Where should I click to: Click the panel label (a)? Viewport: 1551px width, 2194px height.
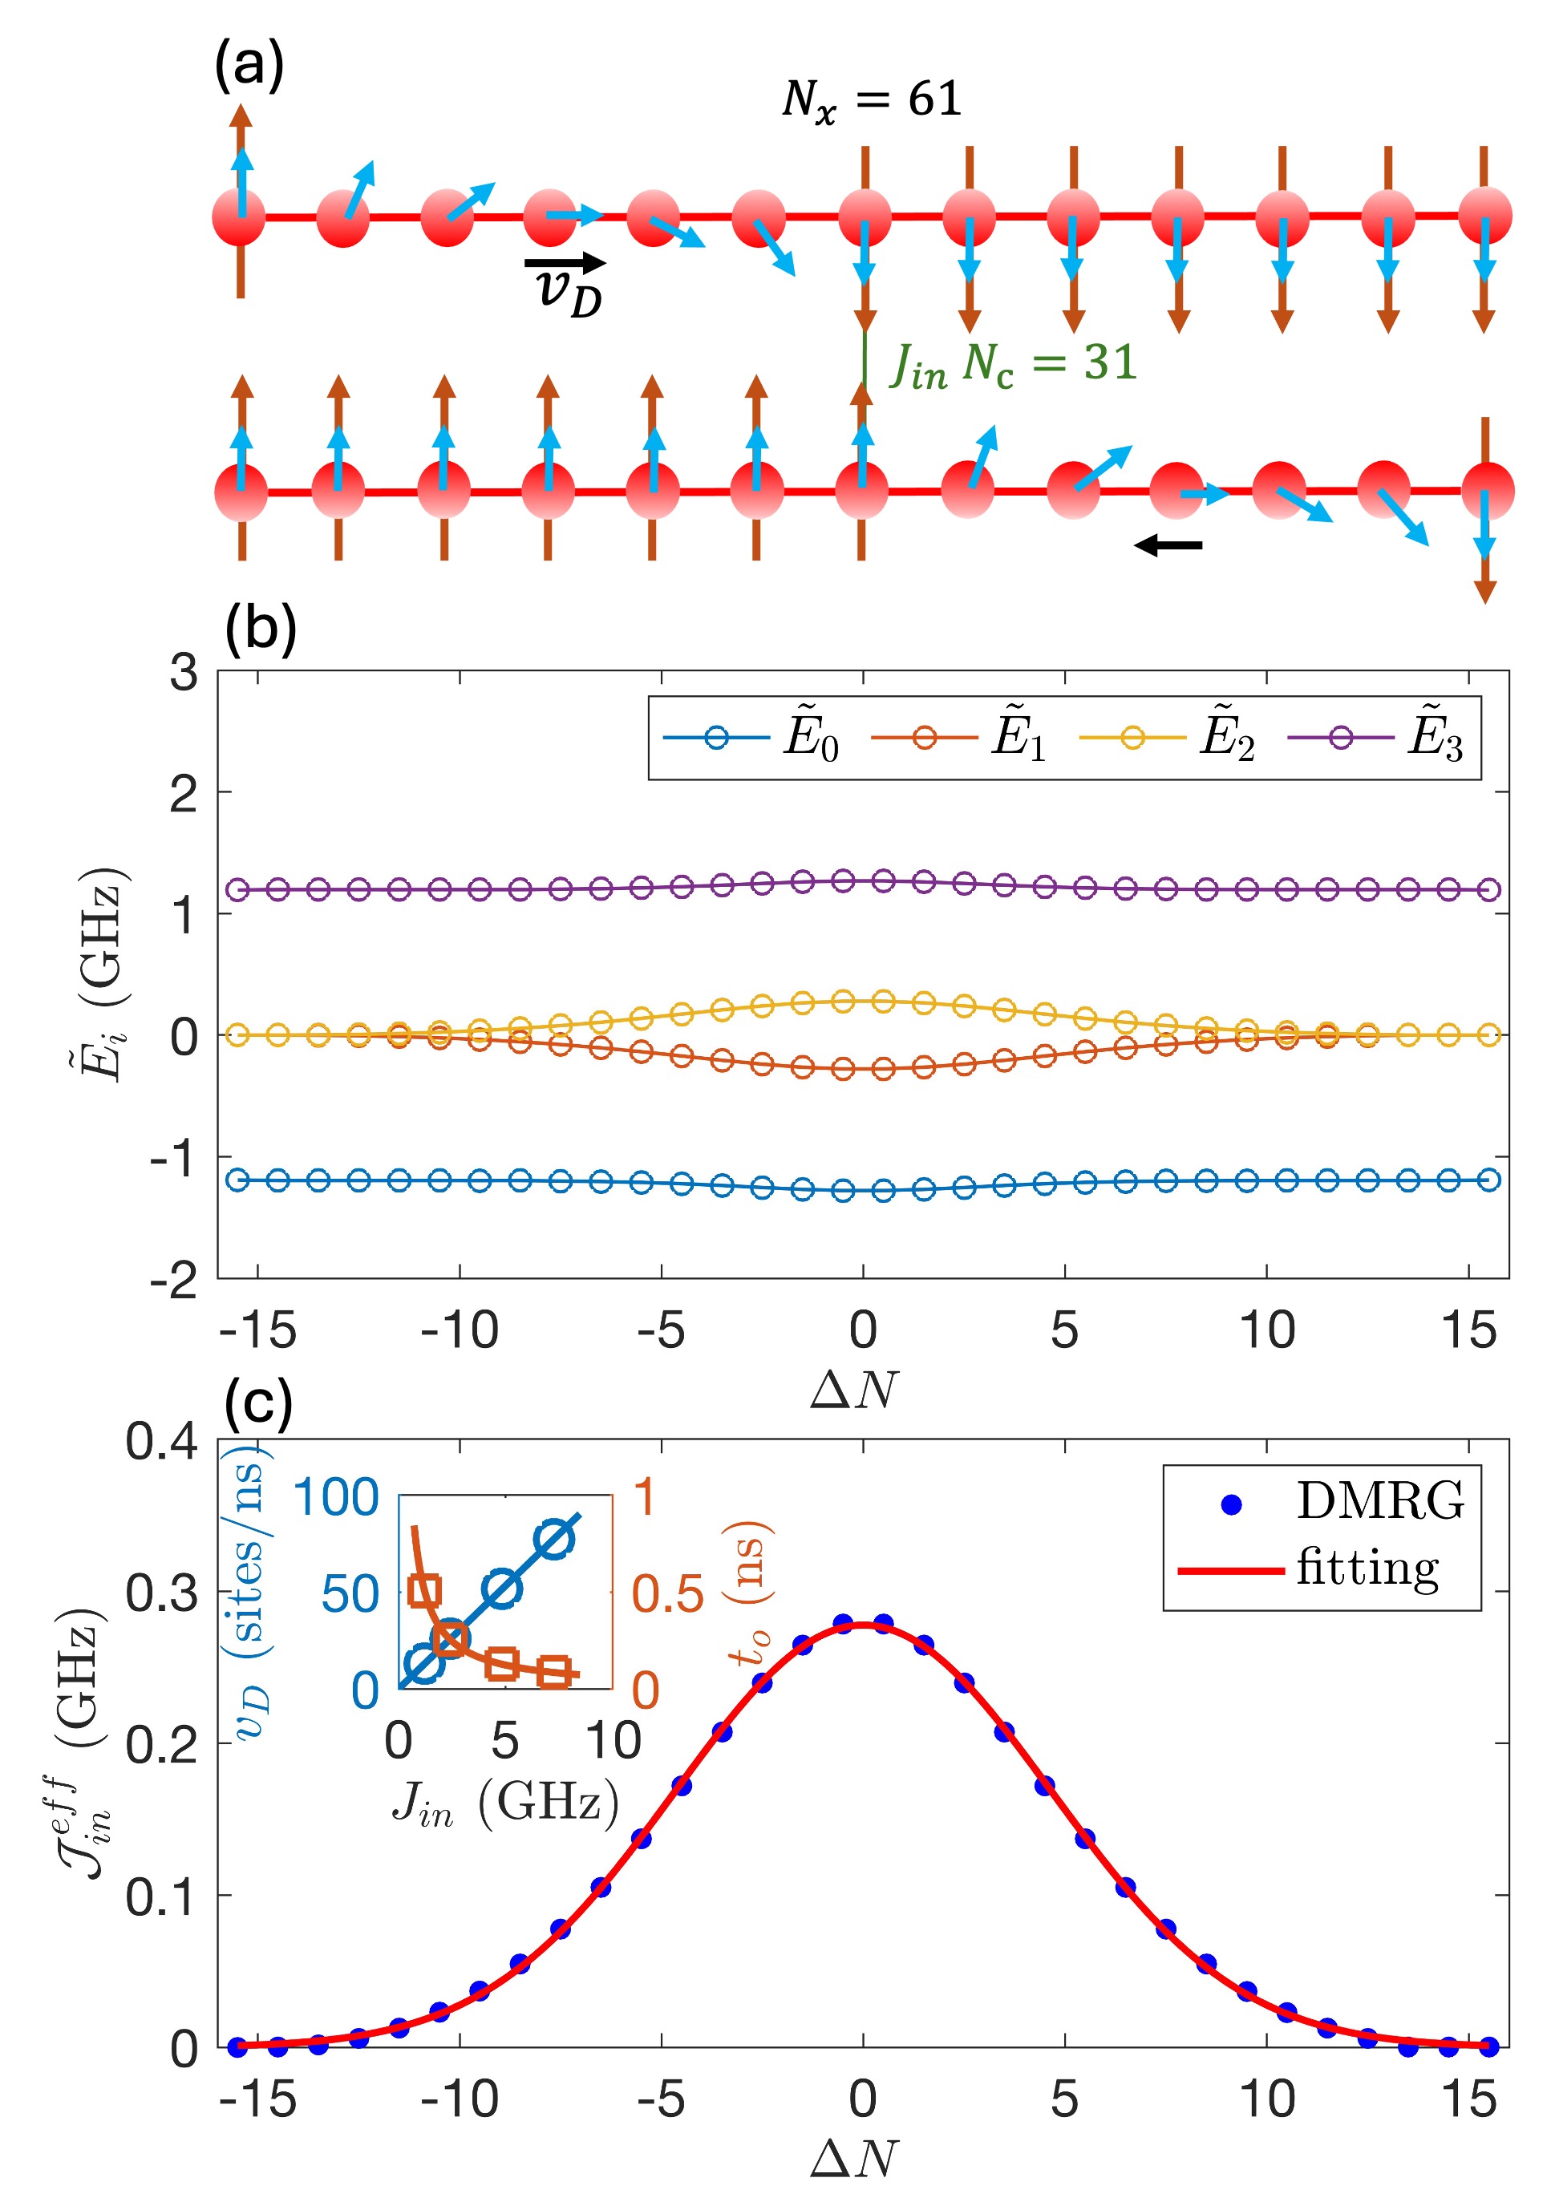click(249, 67)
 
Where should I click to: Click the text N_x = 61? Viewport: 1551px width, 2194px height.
click(871, 100)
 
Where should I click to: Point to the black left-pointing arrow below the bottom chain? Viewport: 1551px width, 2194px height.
click(1168, 545)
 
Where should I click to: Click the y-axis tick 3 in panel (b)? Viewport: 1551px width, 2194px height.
click(184, 674)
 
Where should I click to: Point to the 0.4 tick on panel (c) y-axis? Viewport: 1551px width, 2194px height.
click(163, 1441)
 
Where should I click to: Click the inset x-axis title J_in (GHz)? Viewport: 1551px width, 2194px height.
click(504, 1804)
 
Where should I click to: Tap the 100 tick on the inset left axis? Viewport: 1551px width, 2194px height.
click(335, 1498)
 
